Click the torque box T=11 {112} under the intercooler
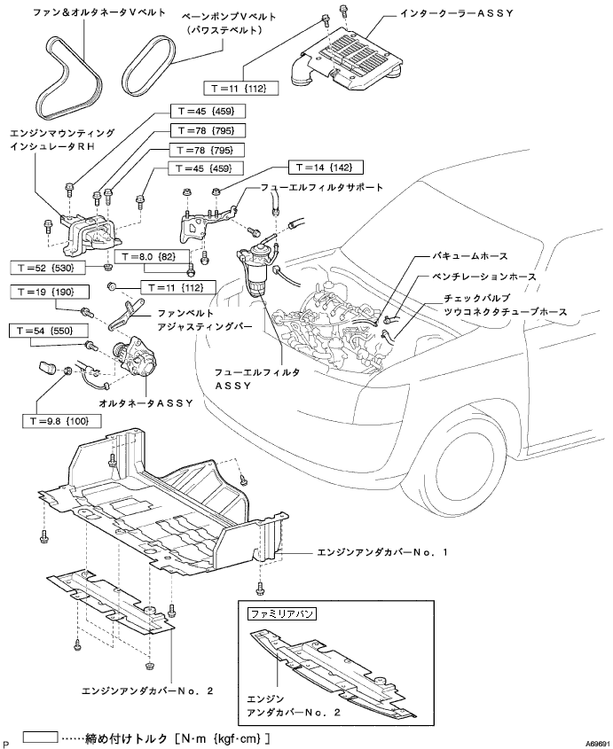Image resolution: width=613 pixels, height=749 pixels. [241, 88]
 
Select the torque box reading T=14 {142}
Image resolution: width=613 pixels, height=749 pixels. [326, 168]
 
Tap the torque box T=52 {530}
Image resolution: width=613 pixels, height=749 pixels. [48, 268]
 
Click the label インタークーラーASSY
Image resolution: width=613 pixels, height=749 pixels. [456, 13]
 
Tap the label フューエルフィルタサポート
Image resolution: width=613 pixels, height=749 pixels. [322, 187]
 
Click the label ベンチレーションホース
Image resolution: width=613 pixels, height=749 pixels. [483, 277]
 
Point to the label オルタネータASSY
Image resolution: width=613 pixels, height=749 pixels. [145, 403]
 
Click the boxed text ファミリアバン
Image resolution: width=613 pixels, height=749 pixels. [281, 612]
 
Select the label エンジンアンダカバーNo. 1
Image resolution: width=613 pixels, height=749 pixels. [382, 552]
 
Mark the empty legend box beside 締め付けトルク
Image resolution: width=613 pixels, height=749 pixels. [41, 737]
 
